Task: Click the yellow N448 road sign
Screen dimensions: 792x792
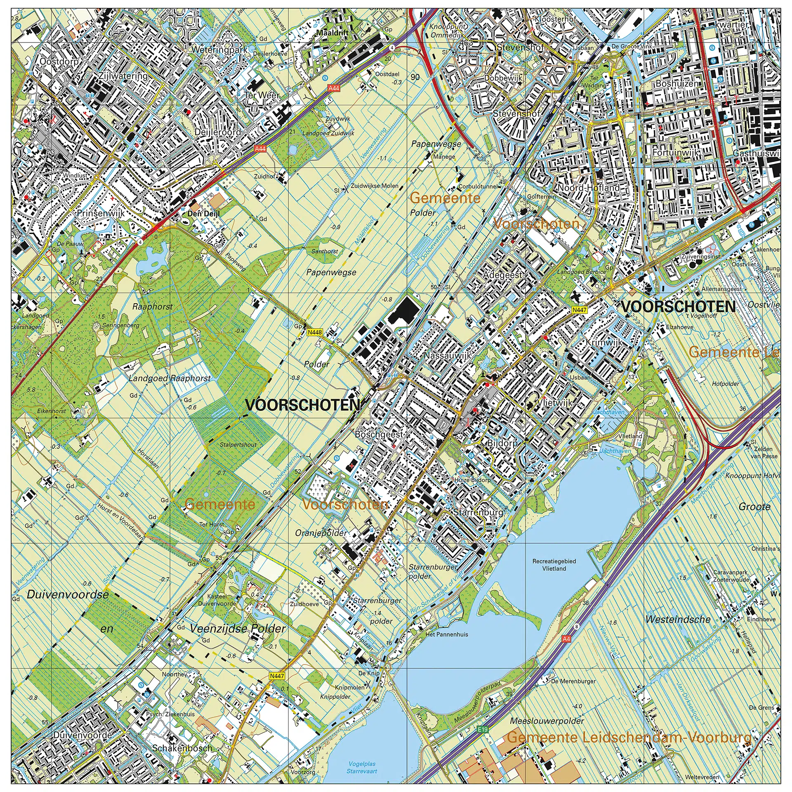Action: click(x=315, y=332)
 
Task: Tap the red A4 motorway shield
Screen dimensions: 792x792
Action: click(x=566, y=639)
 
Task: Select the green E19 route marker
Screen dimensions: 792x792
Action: click(x=483, y=730)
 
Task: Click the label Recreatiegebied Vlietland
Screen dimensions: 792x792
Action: click(x=554, y=565)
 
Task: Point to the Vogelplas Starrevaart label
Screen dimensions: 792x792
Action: click(x=362, y=767)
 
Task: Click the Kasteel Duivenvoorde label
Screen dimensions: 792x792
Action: click(x=217, y=600)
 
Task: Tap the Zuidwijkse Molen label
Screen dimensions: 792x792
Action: click(x=375, y=186)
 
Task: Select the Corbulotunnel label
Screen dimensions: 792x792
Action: click(x=478, y=186)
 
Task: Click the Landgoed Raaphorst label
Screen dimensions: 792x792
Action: click(x=170, y=378)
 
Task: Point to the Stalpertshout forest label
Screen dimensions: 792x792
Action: click(x=238, y=445)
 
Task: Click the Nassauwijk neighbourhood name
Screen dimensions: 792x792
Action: click(x=447, y=355)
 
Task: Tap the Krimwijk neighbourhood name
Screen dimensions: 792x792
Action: click(x=603, y=343)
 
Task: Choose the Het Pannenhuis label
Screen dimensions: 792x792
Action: click(x=447, y=634)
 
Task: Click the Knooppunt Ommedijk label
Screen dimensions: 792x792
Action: click(x=448, y=31)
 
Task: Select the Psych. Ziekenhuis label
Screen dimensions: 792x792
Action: click(x=170, y=714)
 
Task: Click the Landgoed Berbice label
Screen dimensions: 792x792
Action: click(x=582, y=272)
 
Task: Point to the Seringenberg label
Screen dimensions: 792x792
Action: click(x=120, y=325)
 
